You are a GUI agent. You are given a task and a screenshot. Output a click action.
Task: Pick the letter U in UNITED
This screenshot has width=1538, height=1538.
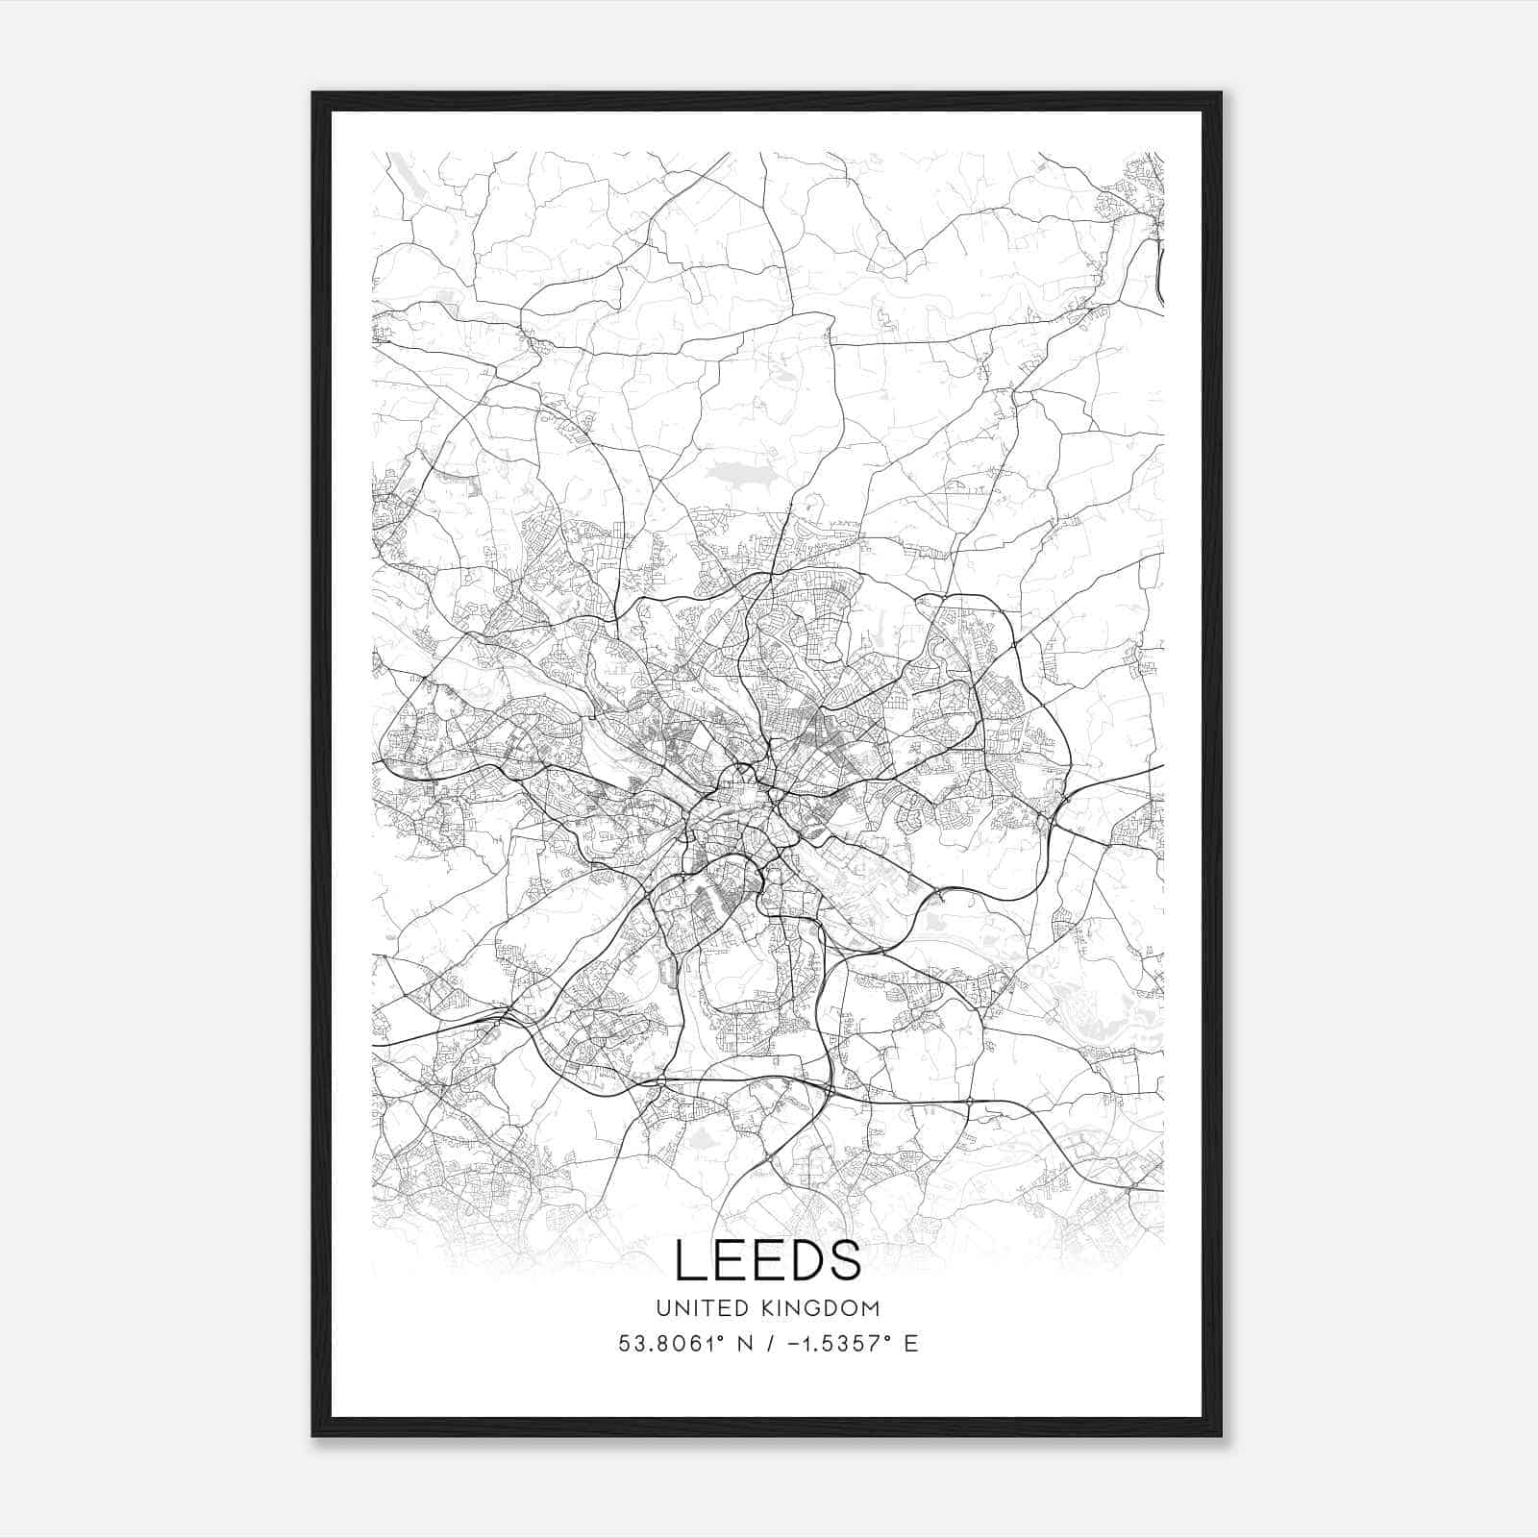[x=663, y=1308]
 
